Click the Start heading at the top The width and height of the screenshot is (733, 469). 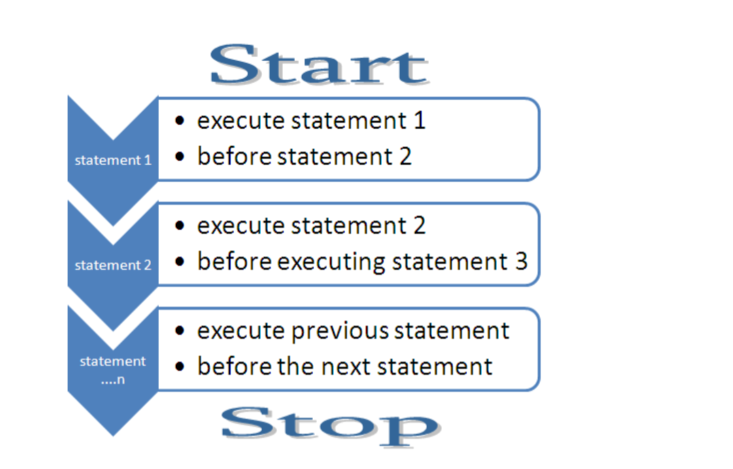319,65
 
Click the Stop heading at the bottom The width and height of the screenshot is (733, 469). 331,426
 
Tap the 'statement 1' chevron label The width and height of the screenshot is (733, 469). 113,160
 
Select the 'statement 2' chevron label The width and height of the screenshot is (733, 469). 113,265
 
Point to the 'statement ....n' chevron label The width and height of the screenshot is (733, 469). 113,370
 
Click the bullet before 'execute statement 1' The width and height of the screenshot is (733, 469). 180,120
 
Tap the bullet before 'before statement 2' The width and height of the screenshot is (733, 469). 180,156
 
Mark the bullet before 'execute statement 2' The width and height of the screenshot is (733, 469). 180,226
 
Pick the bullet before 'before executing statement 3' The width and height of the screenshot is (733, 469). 180,261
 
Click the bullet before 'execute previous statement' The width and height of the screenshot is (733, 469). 180,331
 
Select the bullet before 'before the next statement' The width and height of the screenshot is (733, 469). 180,366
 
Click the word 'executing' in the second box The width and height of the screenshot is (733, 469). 331,262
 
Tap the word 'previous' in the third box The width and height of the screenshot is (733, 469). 340,332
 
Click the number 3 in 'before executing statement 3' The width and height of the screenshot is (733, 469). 522,261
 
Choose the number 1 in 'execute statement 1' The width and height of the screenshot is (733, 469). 420,120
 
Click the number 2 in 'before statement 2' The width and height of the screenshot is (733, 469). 405,156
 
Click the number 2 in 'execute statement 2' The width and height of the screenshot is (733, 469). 420,226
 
